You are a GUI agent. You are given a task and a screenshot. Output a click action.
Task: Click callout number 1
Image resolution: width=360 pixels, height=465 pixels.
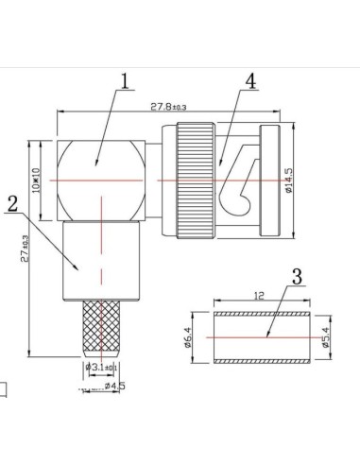coord(125,83)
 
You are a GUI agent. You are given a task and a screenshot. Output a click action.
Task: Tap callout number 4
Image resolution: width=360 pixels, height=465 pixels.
coord(249,81)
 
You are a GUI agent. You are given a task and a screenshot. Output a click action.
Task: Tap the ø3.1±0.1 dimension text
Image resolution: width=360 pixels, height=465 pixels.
coord(102,367)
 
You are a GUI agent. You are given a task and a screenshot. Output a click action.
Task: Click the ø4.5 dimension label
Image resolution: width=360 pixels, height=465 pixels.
coord(114,386)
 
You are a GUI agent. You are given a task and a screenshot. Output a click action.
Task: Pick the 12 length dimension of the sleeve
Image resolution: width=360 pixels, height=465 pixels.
coord(258,297)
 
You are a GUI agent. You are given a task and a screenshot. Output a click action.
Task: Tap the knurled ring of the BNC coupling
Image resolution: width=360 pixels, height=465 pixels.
coord(199,178)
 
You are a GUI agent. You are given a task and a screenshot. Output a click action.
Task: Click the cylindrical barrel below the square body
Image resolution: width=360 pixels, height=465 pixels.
coord(100,260)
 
